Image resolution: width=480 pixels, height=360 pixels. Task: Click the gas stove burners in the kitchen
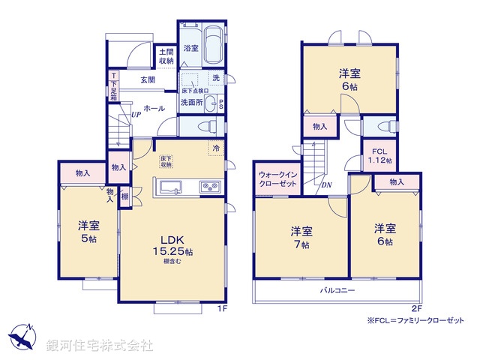(208, 187)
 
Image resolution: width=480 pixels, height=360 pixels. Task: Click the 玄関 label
(147, 80)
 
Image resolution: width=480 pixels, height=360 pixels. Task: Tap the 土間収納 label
(166, 56)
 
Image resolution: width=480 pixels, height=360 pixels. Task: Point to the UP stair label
(136, 115)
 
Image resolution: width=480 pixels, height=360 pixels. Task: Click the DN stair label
(327, 185)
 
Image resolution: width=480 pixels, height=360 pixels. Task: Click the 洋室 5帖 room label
(87, 229)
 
